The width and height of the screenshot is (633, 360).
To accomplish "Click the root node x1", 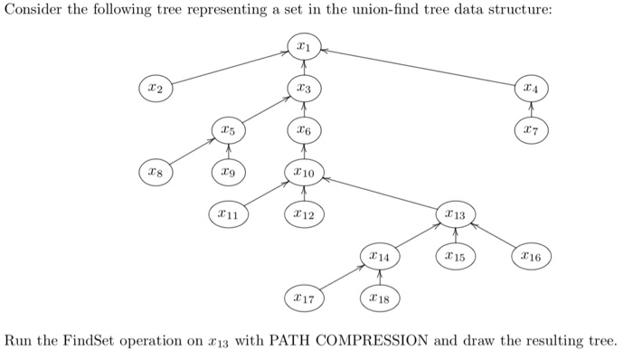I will tap(304, 45).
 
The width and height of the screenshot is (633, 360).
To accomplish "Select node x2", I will tap(155, 89).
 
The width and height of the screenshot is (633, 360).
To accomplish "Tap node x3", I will tap(304, 89).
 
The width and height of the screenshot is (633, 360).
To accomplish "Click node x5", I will tap(230, 131).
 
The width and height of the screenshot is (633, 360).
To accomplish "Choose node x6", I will tap(304, 131).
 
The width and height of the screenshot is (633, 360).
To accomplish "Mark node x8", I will tap(155, 170).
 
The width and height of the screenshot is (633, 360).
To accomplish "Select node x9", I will tap(230, 170).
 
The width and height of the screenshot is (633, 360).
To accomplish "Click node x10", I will tap(304, 170).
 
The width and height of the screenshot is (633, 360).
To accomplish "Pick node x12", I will tap(304, 214).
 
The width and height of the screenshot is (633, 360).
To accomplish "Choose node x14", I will tap(379, 258).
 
